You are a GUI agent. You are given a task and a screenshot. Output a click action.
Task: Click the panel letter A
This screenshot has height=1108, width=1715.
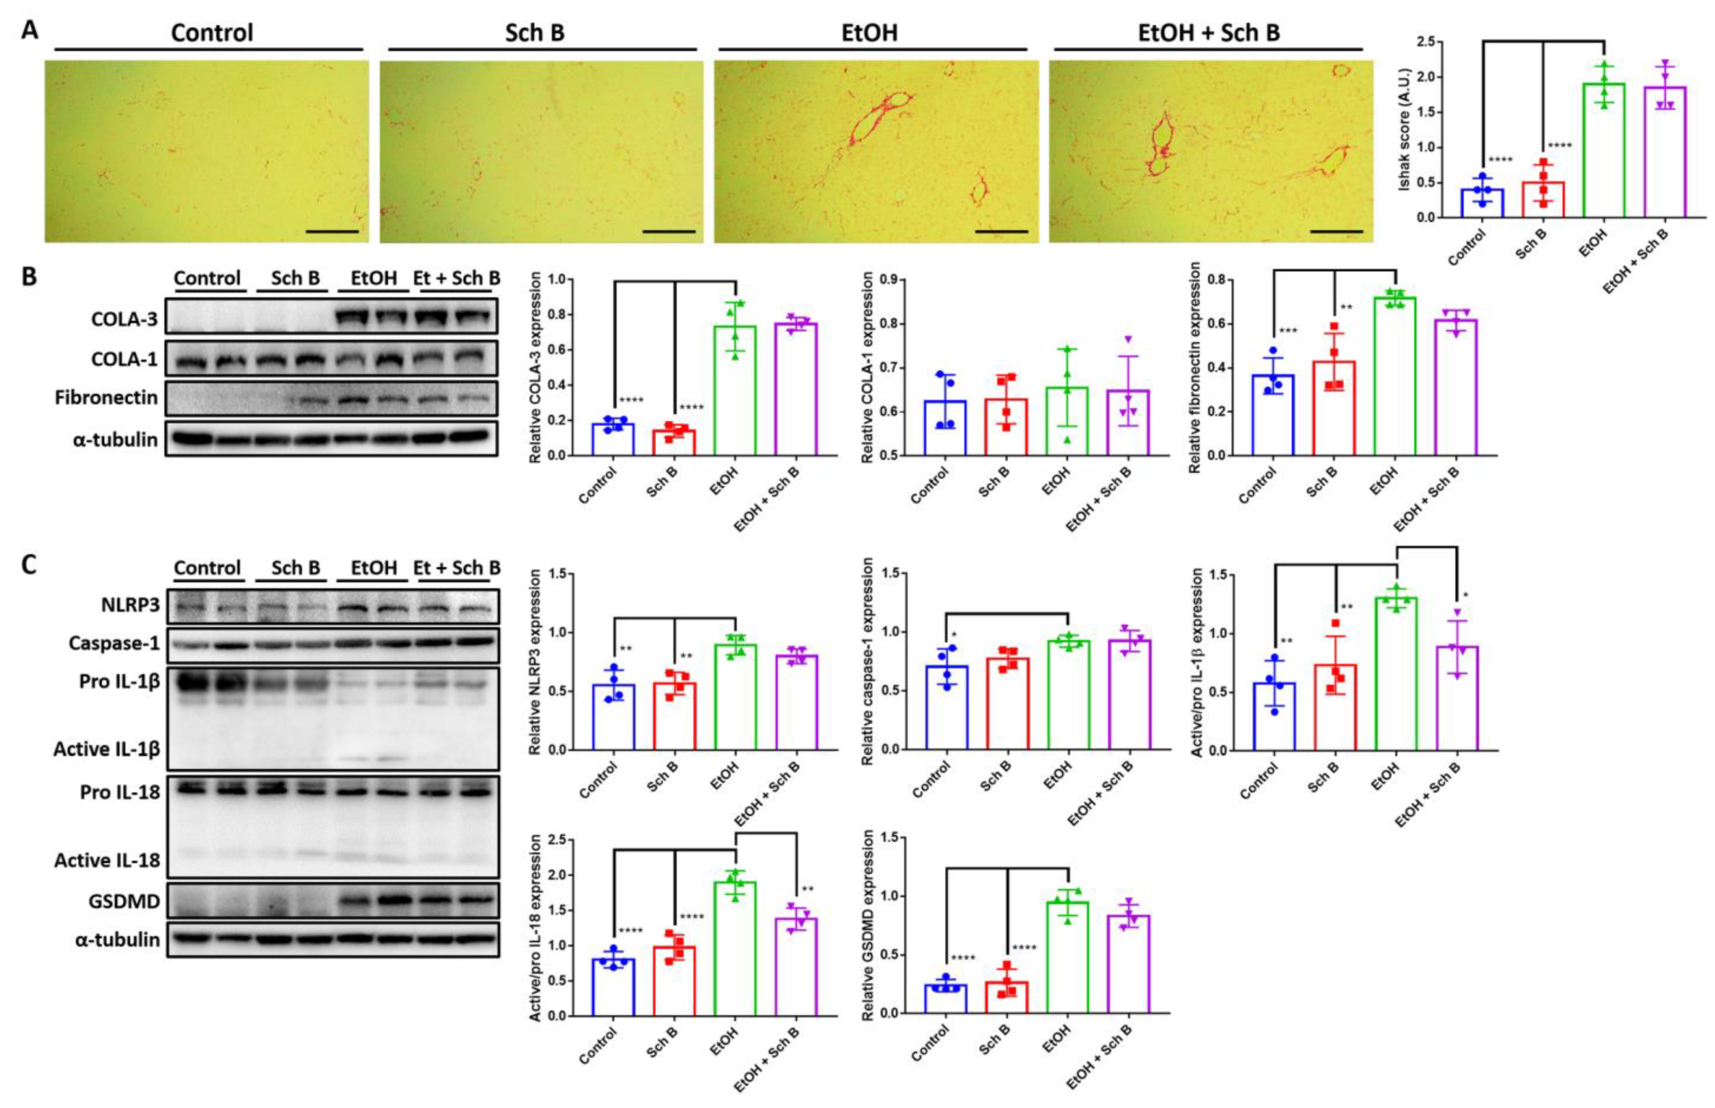point(30,30)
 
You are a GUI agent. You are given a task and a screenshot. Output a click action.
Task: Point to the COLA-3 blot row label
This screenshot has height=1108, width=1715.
point(124,319)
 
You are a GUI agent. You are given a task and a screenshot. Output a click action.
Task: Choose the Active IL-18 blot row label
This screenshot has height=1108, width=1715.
point(107,861)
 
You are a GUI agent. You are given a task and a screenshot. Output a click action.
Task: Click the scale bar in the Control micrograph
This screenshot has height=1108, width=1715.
point(332,232)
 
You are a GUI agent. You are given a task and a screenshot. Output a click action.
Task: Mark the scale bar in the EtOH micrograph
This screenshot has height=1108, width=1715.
point(1002,232)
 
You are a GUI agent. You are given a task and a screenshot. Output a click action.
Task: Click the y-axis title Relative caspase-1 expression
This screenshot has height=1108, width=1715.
point(868,661)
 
